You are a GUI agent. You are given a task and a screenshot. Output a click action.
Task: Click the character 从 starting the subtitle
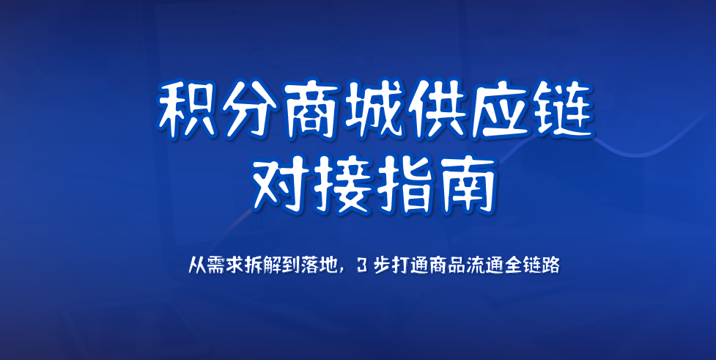196,266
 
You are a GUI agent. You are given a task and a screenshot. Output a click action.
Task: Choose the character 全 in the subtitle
514,266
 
